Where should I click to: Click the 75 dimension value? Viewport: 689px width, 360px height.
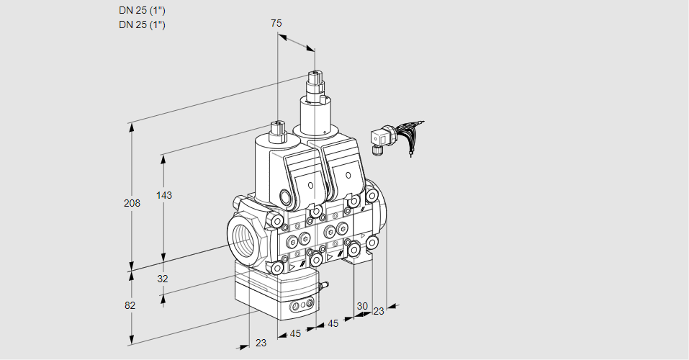coord(276,23)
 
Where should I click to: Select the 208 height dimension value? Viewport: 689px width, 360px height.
coord(131,204)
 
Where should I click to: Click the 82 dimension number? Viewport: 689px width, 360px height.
coord(130,305)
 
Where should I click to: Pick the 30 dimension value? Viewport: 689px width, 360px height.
coord(362,305)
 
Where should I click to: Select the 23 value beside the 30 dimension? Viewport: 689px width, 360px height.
coord(379,311)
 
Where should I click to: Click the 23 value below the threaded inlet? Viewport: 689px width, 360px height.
coord(261,343)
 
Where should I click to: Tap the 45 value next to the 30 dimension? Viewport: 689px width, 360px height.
coord(333,323)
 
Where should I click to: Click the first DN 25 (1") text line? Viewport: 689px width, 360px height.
coord(142,11)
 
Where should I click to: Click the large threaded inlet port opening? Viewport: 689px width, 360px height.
coord(241,237)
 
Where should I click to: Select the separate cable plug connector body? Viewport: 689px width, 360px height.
coord(379,137)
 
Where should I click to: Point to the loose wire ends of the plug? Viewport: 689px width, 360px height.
coord(415,137)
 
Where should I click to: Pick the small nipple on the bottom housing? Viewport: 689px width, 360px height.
coord(323,287)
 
